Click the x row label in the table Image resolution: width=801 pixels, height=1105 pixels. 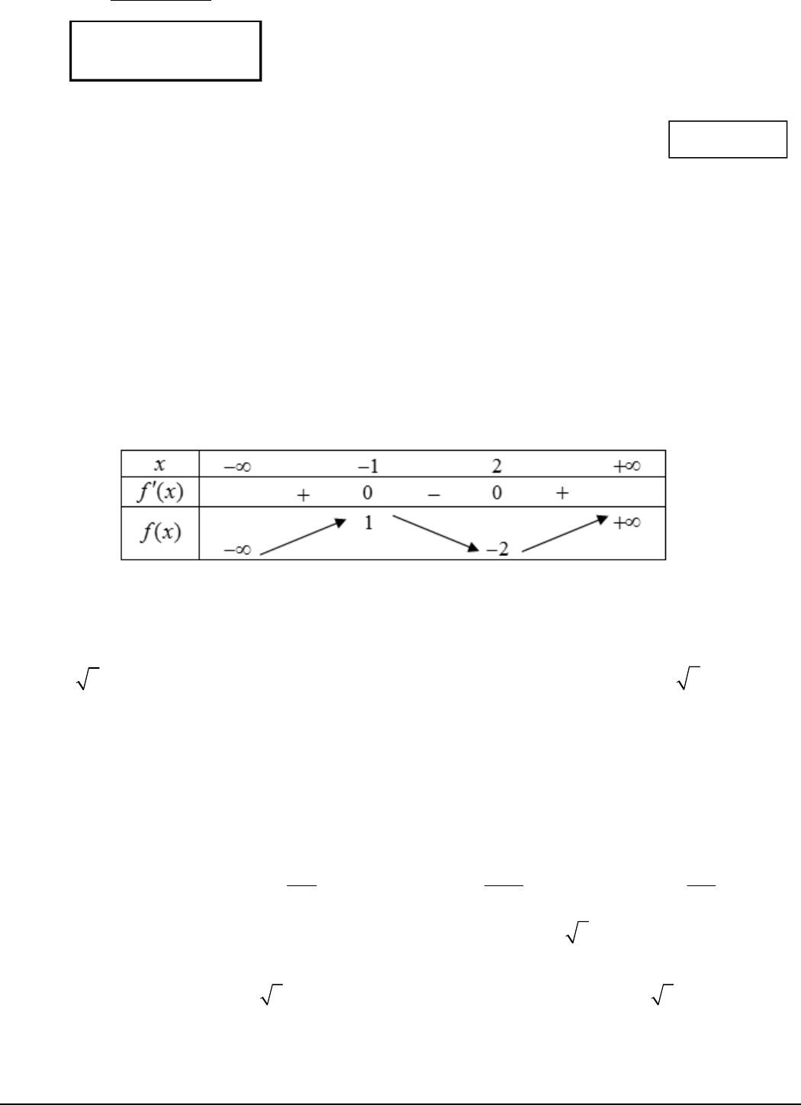(x=159, y=464)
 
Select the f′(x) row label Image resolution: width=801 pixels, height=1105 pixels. (x=160, y=492)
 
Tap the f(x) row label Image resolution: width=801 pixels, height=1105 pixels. (x=160, y=532)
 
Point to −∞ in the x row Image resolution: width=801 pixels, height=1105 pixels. (x=237, y=466)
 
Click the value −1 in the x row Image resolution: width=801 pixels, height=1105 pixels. (x=368, y=466)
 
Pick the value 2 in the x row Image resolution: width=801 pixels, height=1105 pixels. (x=497, y=466)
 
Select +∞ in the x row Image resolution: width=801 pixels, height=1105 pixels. (x=627, y=466)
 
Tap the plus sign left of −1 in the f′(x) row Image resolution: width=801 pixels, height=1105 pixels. (x=303, y=495)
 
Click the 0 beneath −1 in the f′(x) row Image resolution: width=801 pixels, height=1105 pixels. (x=367, y=493)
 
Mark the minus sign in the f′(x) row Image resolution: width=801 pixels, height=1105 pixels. (x=433, y=494)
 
